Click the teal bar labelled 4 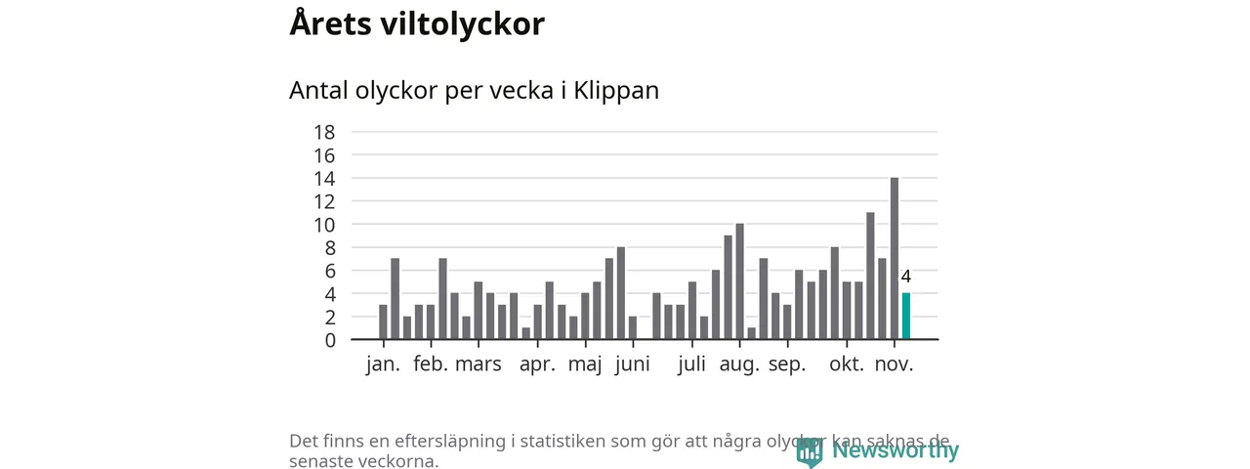pos(906,317)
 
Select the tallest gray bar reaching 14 pos(895,259)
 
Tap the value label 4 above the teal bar pos(906,277)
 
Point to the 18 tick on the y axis pos(324,132)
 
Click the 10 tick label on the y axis pos(324,225)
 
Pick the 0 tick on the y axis pos(330,340)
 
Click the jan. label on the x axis pos(383,364)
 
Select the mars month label pos(479,364)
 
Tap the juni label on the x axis pos(633,364)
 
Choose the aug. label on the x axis pos(739,364)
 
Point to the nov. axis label pos(894,364)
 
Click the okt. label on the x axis pos(847,364)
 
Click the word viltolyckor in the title pos(461,24)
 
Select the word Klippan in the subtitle pos(616,90)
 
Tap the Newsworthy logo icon pos(810,451)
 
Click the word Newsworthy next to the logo pos(896,450)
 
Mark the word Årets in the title pos(328,24)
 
